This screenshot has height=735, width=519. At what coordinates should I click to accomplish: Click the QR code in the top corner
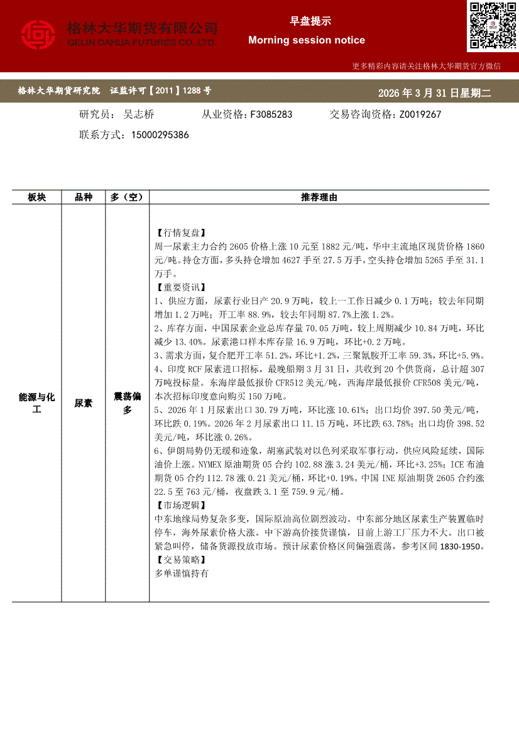[x=492, y=25]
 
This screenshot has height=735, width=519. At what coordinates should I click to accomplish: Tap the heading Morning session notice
[x=307, y=40]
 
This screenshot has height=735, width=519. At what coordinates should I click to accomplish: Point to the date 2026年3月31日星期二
[x=434, y=93]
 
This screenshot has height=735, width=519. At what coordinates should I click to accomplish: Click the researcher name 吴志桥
[x=139, y=114]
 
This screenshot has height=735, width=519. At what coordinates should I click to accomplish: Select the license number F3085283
[x=271, y=114]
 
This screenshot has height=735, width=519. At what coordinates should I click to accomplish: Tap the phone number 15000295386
[x=160, y=135]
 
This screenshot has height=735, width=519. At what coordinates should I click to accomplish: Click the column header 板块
[x=36, y=197]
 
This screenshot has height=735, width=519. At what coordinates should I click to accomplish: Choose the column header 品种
[x=84, y=197]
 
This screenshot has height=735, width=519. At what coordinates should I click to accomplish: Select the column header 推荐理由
[x=319, y=197]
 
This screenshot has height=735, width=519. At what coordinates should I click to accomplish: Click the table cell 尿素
[x=84, y=403]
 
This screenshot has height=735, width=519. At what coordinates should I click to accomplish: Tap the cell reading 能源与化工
[x=36, y=403]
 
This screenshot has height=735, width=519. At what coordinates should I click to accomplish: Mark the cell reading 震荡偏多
[x=127, y=403]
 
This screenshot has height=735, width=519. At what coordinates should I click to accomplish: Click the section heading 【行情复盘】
[x=179, y=233]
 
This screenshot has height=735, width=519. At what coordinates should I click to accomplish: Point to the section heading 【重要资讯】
[x=179, y=287]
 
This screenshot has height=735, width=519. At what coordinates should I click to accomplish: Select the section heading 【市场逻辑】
[x=179, y=506]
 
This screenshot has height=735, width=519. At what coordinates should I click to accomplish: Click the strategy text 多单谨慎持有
[x=181, y=573]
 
